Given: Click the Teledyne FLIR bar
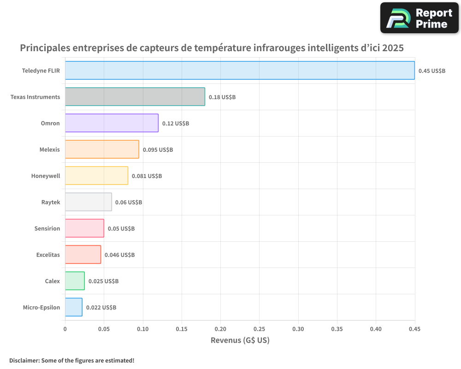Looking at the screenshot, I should tap(240, 70).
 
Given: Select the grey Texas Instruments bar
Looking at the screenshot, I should tap(135, 96).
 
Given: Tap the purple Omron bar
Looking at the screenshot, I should tap(112, 123).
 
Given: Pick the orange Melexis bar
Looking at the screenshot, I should tap(102, 149).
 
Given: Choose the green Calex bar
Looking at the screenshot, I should tap(75, 281).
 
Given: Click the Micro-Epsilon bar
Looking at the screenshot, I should tap(74, 307).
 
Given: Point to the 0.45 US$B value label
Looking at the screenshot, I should tap(432, 71).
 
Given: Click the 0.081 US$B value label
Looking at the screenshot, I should tap(147, 176).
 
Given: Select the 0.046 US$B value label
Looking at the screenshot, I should tap(119, 255).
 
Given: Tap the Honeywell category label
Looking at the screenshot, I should tap(46, 176).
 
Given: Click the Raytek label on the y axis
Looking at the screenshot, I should tap(50, 202).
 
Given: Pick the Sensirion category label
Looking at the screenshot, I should tap(47, 228).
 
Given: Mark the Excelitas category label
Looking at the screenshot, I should tap(48, 255).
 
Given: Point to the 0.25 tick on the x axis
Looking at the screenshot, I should tap(259, 329).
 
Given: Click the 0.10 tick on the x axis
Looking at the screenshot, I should tap(142, 329).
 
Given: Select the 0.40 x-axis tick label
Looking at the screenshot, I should tap(376, 329).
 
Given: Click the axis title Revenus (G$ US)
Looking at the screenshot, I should tap(240, 340).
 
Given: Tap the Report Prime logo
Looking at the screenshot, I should tap(419, 18).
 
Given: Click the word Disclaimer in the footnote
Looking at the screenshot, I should tap(24, 360).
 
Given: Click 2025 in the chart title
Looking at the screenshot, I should tap(392, 48).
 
